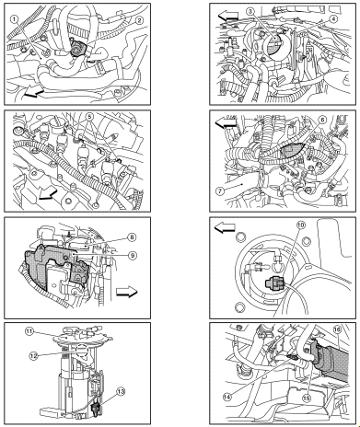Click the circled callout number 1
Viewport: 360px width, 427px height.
tap(15, 19)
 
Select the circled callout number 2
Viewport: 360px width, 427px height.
tap(139, 20)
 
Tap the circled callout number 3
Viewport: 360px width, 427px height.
tap(250, 12)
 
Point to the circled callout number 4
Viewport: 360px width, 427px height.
tap(333, 19)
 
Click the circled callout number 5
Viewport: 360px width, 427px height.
tap(89, 117)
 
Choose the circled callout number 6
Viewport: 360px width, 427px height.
tap(322, 121)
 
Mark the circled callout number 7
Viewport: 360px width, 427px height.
tap(220, 190)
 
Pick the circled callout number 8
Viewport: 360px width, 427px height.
tap(132, 237)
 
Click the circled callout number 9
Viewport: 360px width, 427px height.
tap(133, 255)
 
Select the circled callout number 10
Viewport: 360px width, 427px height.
tap(301, 225)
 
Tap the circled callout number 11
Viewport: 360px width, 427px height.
tap(29, 331)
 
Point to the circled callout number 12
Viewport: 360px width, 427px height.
tap(33, 356)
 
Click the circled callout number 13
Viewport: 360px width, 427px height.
tap(121, 392)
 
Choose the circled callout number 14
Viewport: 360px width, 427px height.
tap(227, 397)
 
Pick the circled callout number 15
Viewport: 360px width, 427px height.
tap(307, 398)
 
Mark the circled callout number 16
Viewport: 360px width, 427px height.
tap(337, 329)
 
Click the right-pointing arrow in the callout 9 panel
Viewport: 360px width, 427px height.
tap(127, 292)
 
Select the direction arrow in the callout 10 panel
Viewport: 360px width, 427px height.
tap(225, 227)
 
